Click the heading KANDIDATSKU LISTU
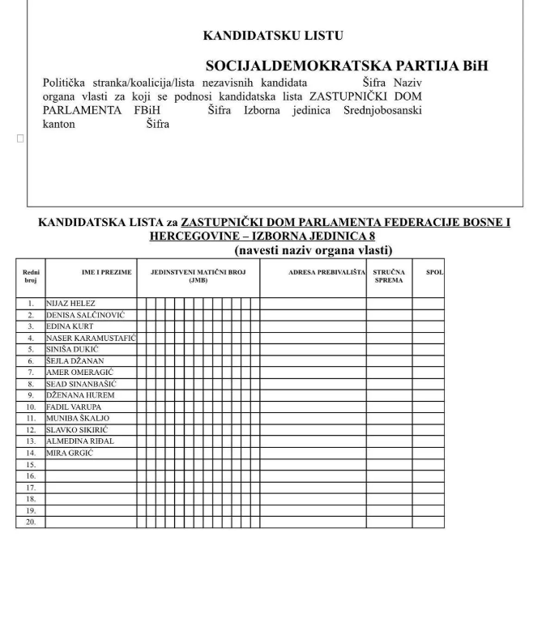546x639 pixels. click(x=272, y=36)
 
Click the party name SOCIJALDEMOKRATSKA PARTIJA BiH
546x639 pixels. click(x=347, y=66)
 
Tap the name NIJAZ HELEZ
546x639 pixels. click(x=71, y=304)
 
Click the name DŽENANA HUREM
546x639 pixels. click(x=80, y=395)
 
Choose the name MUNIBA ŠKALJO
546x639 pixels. click(x=78, y=418)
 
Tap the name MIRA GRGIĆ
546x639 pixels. click(x=70, y=453)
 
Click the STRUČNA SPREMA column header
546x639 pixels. click(x=389, y=276)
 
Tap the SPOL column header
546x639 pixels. click(x=434, y=272)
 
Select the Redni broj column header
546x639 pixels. click(x=31, y=276)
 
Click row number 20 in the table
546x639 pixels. click(x=31, y=522)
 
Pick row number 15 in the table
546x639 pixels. click(x=31, y=465)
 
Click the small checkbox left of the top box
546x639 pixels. click(x=20, y=138)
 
